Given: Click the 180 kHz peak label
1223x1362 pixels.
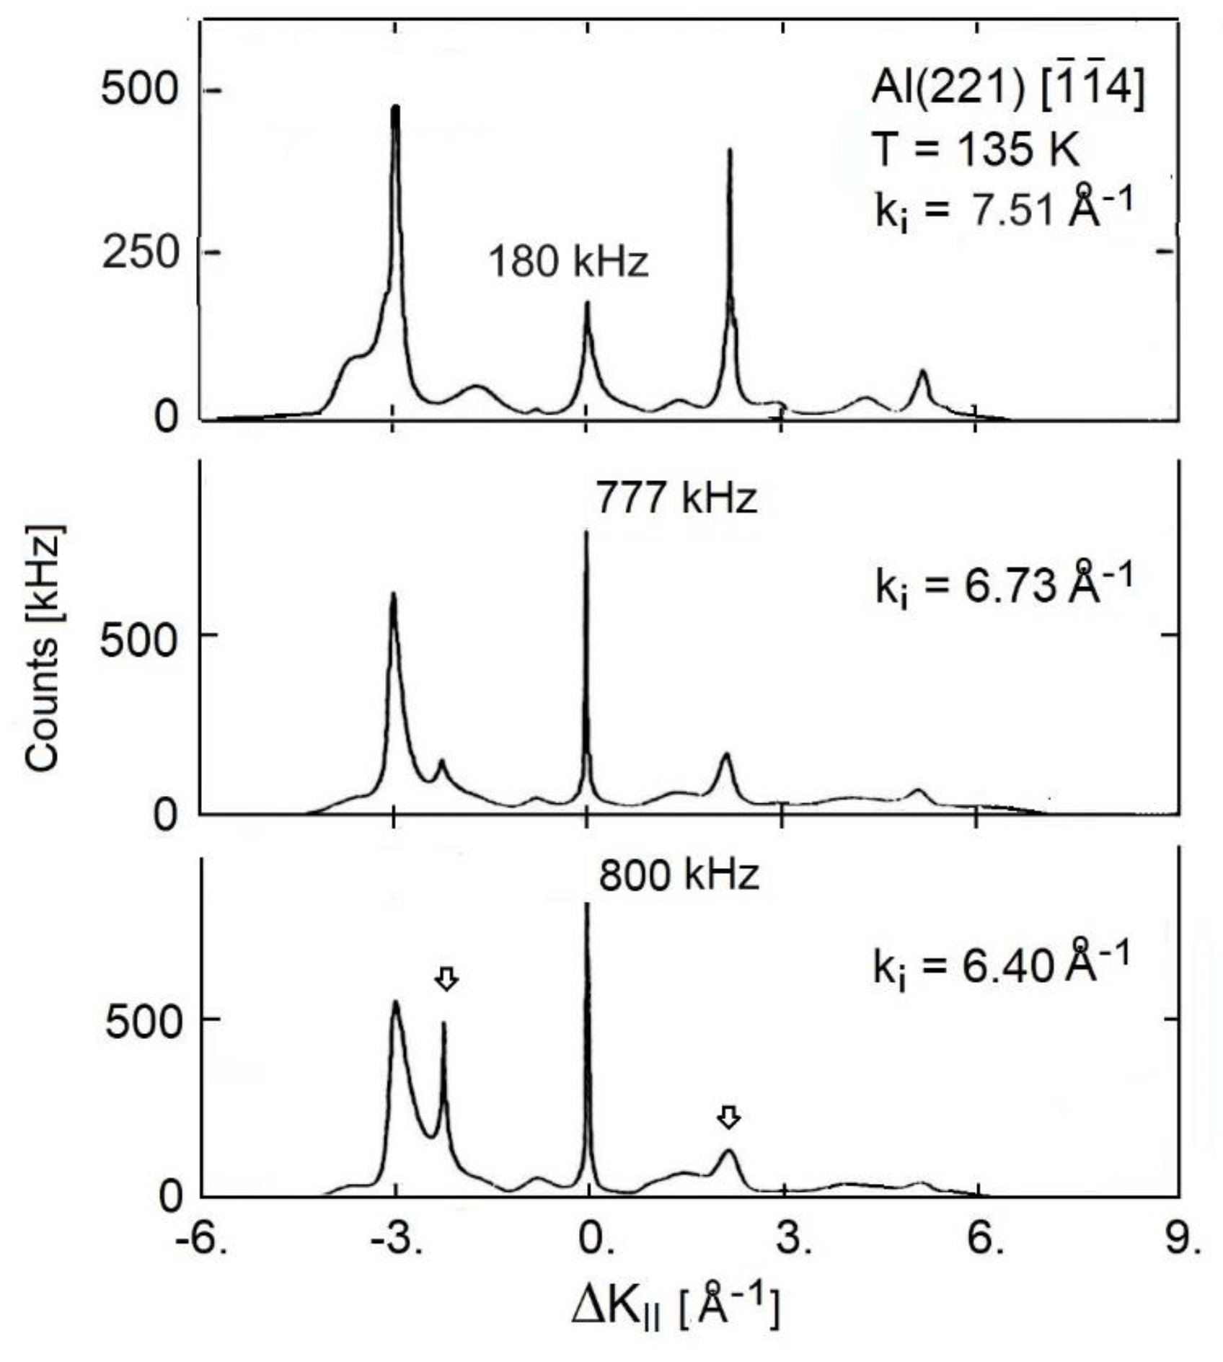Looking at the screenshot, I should click(568, 262).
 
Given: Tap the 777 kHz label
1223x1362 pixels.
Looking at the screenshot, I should click(676, 498).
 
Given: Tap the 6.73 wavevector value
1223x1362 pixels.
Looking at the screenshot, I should click(1012, 588).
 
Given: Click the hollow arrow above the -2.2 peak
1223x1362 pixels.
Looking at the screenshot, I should click(447, 978).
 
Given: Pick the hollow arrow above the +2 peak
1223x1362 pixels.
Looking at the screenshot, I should click(730, 1118).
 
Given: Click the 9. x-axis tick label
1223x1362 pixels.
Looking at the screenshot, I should click(1183, 1241).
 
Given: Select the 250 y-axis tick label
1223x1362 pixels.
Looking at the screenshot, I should click(139, 253).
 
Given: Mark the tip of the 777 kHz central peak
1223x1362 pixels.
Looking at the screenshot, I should click(586, 534).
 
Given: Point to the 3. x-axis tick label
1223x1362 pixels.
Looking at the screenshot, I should click(790, 1241).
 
